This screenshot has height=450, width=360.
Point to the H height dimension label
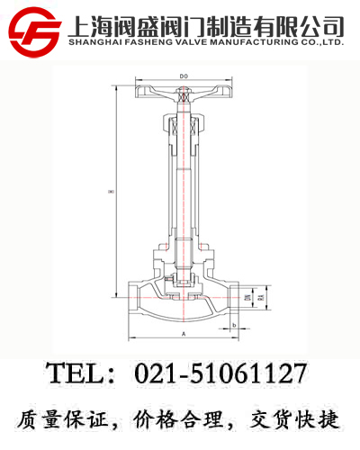[110, 189]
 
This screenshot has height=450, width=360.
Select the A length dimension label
[184, 333]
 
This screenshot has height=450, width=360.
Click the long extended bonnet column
[184, 180]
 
